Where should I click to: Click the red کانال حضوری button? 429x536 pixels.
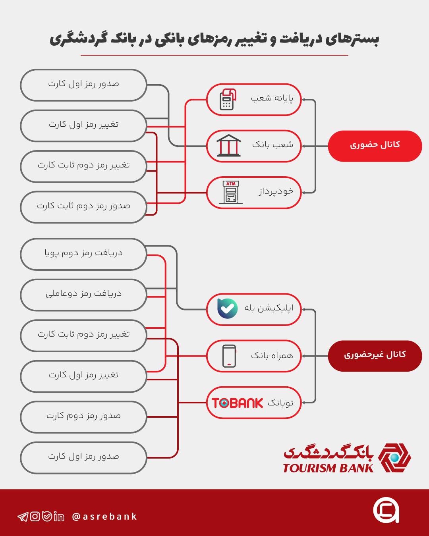pyautogui.click(x=375, y=146)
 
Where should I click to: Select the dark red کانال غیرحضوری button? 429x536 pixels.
pyautogui.click(x=375, y=356)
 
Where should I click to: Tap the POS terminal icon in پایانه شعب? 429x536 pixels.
pyautogui.click(x=228, y=99)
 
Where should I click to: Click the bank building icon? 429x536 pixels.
pyautogui.click(x=228, y=146)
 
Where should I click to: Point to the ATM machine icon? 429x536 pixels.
pyautogui.click(x=231, y=192)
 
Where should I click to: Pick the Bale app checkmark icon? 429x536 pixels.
pyautogui.click(x=227, y=308)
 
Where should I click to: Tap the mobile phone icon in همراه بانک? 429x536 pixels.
pyautogui.click(x=229, y=356)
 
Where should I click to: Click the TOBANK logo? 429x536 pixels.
pyautogui.click(x=237, y=403)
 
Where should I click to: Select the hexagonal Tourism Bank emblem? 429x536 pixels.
pyautogui.click(x=394, y=458)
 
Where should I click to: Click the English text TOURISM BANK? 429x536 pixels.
pyautogui.click(x=328, y=468)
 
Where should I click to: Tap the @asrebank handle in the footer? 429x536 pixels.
pyautogui.click(x=104, y=517)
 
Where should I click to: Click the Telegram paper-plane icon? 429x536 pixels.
pyautogui.click(x=23, y=517)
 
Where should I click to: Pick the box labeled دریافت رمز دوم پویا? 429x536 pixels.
pyautogui.click(x=83, y=254)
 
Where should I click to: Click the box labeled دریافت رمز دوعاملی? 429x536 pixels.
pyautogui.click(x=83, y=295)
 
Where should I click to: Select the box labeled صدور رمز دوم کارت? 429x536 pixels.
pyautogui.click(x=83, y=417)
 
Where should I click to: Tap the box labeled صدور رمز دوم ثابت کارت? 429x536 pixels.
pyautogui.click(x=83, y=207)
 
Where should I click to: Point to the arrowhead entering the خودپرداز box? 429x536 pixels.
pyautogui.click(x=304, y=193)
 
